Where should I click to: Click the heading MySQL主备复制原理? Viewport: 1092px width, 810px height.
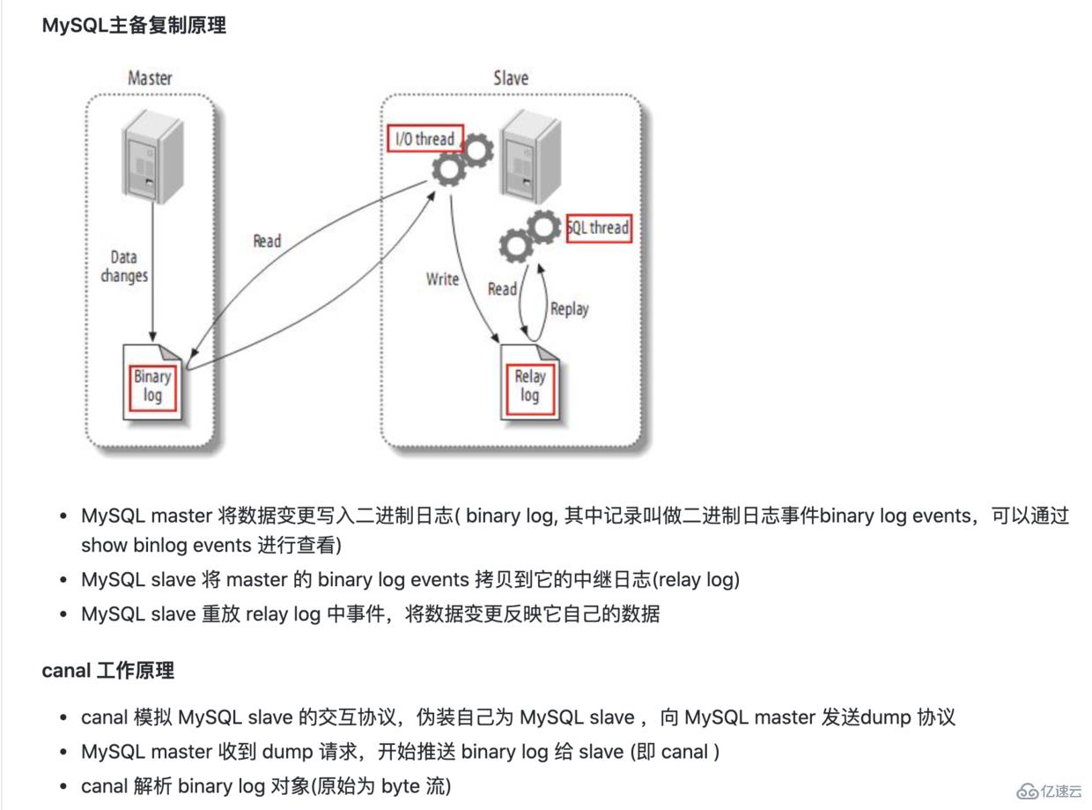[134, 26]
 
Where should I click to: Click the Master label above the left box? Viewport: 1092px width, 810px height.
[150, 78]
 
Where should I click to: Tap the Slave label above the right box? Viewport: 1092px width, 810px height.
[511, 78]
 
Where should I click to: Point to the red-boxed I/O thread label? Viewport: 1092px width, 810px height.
[424, 138]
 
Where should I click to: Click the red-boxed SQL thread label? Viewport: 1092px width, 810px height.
[599, 227]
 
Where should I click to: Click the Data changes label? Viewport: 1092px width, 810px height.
[123, 266]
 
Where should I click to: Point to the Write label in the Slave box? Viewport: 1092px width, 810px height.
[442, 279]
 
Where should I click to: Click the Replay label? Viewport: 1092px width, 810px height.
[569, 308]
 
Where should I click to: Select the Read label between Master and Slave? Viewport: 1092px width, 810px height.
[267, 241]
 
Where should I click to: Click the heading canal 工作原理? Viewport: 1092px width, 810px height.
[108, 671]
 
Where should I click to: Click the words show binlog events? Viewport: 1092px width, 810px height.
[166, 546]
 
